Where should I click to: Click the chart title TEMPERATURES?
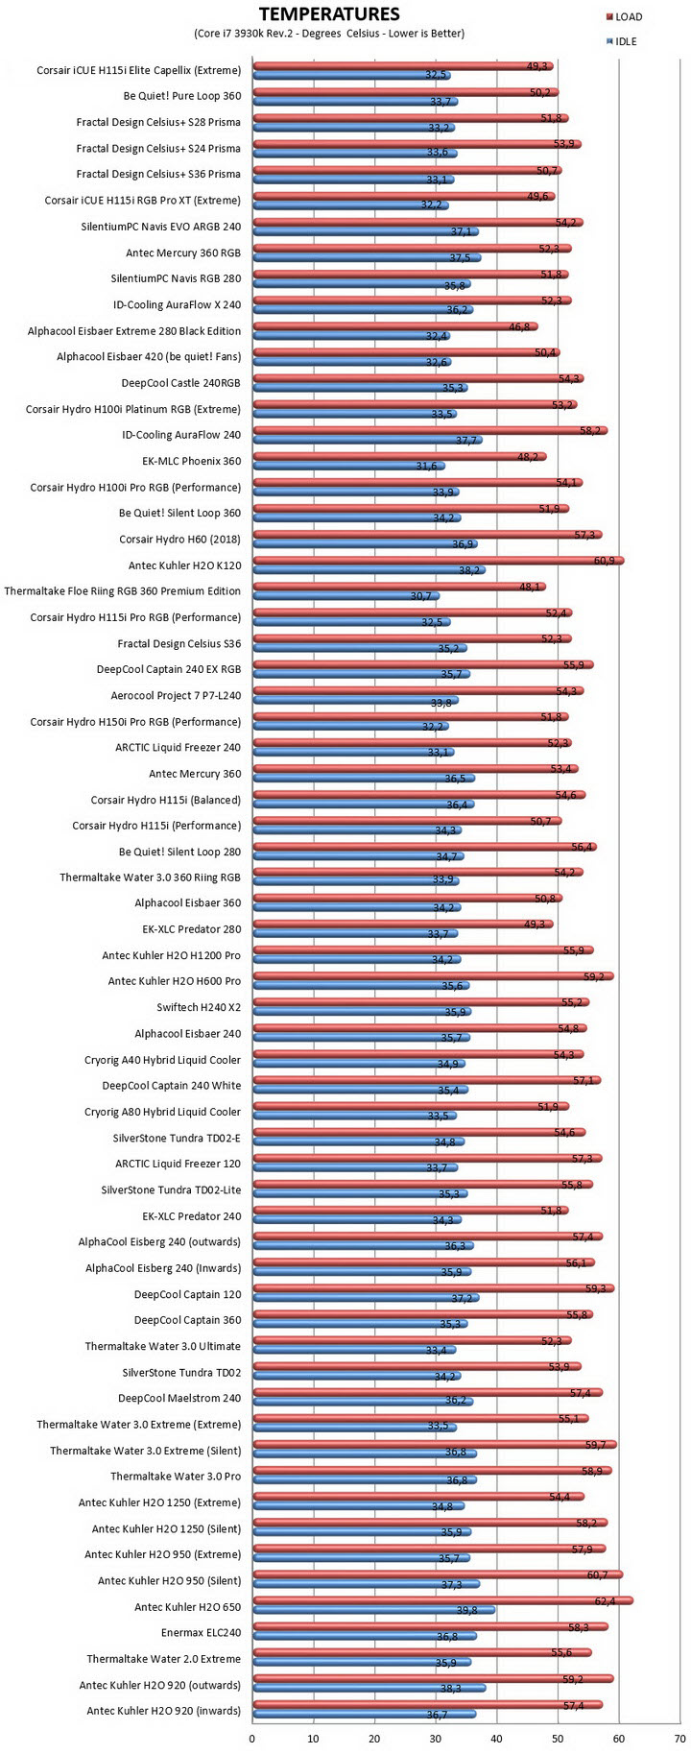[329, 13]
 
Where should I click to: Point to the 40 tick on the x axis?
[496, 1738]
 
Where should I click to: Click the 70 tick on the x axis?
[679, 1738]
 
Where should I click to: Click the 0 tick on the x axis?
[252, 1738]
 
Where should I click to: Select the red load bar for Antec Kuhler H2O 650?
[443, 1601]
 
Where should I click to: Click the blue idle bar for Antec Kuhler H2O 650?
[374, 1611]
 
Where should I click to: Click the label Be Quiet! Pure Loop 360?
[182, 96]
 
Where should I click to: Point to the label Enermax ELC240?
[202, 1632]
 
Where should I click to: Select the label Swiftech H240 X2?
[199, 1007]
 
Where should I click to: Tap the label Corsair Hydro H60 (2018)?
[180, 539]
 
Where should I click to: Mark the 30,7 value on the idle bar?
[420, 596]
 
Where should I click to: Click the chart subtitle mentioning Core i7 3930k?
[329, 34]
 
